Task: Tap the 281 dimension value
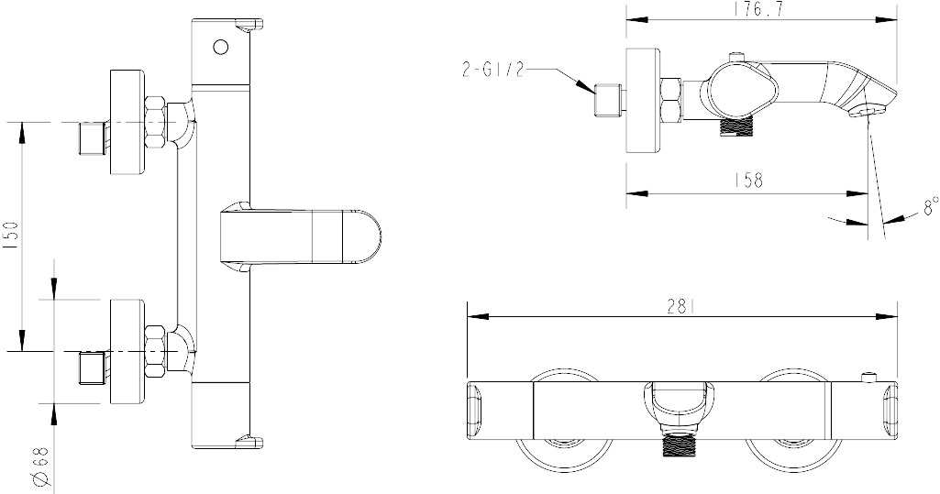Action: (681, 307)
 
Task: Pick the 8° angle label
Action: (930, 207)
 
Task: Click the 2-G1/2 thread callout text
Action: (492, 70)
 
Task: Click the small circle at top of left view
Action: (220, 47)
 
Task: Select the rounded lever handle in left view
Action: (300, 236)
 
